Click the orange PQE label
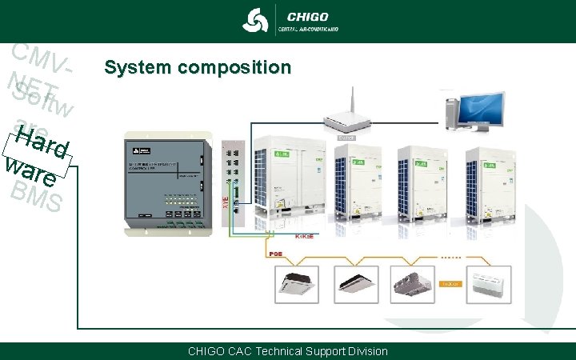(x=277, y=254)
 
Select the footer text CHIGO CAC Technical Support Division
(x=287, y=351)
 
